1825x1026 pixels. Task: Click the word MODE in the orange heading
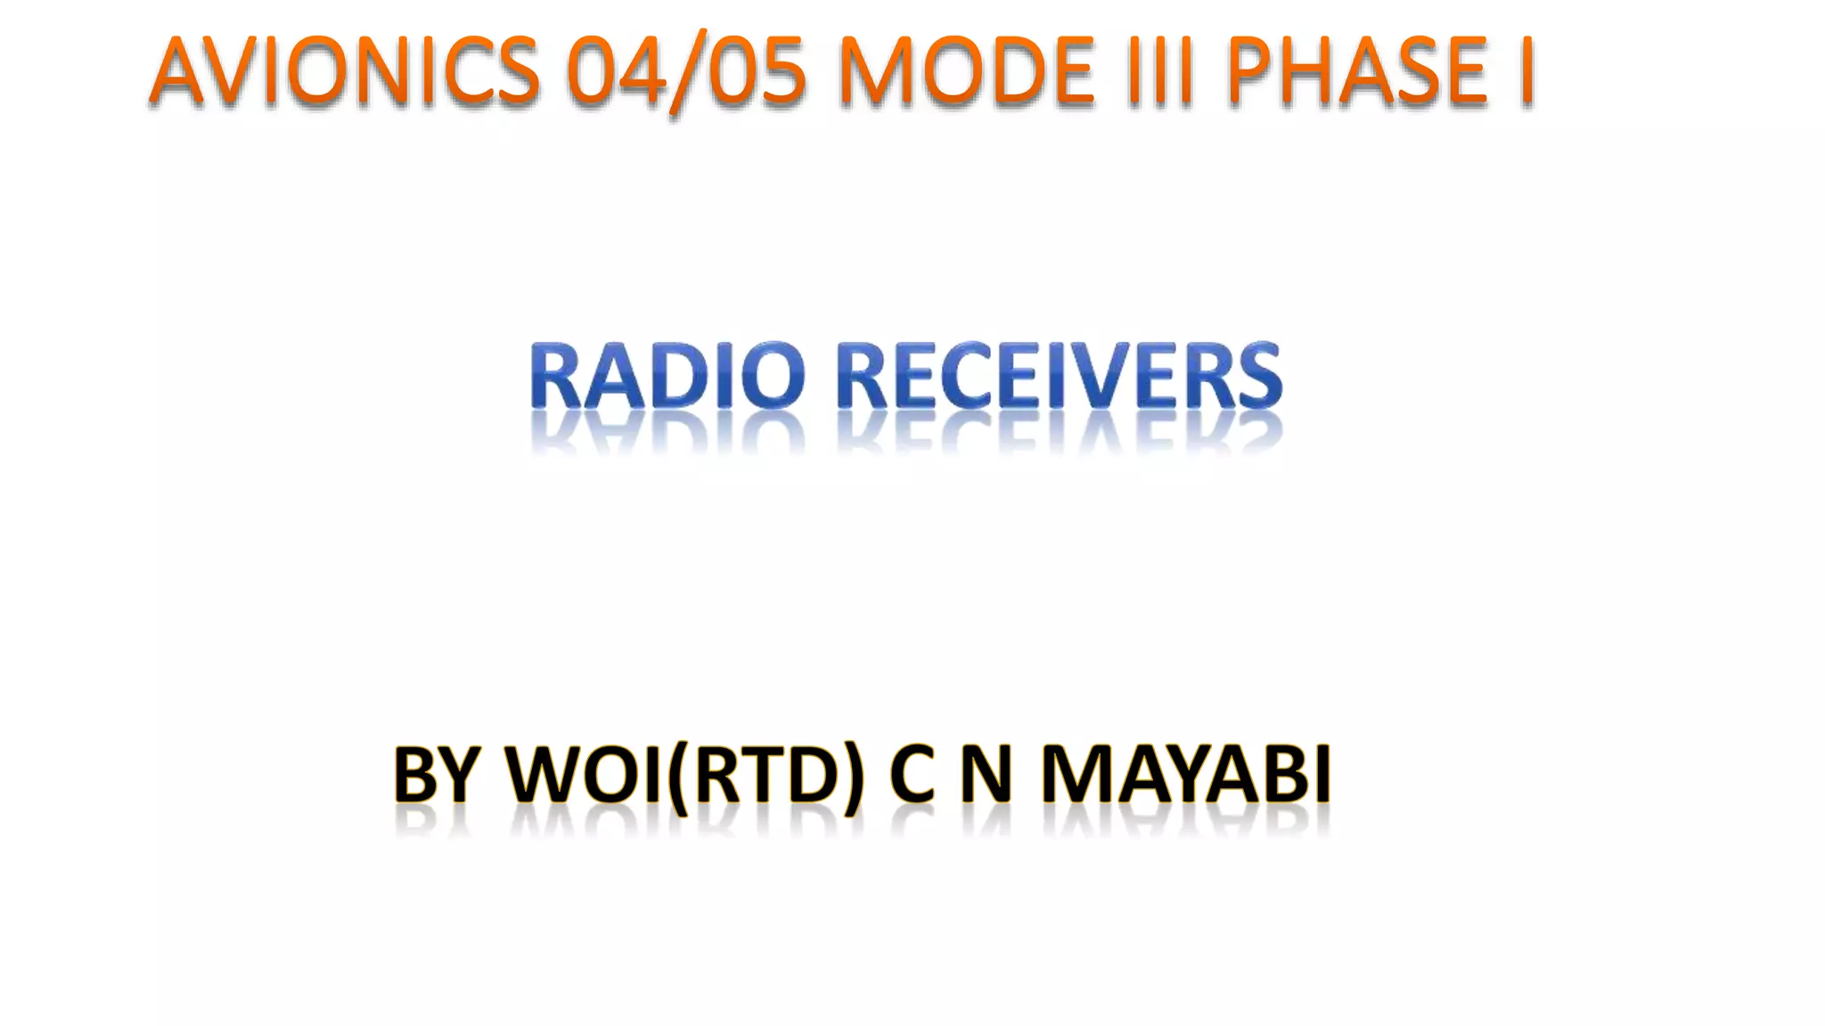[966, 71]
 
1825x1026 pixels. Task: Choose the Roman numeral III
[1159, 71]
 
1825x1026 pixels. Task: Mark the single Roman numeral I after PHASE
[1525, 71]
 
